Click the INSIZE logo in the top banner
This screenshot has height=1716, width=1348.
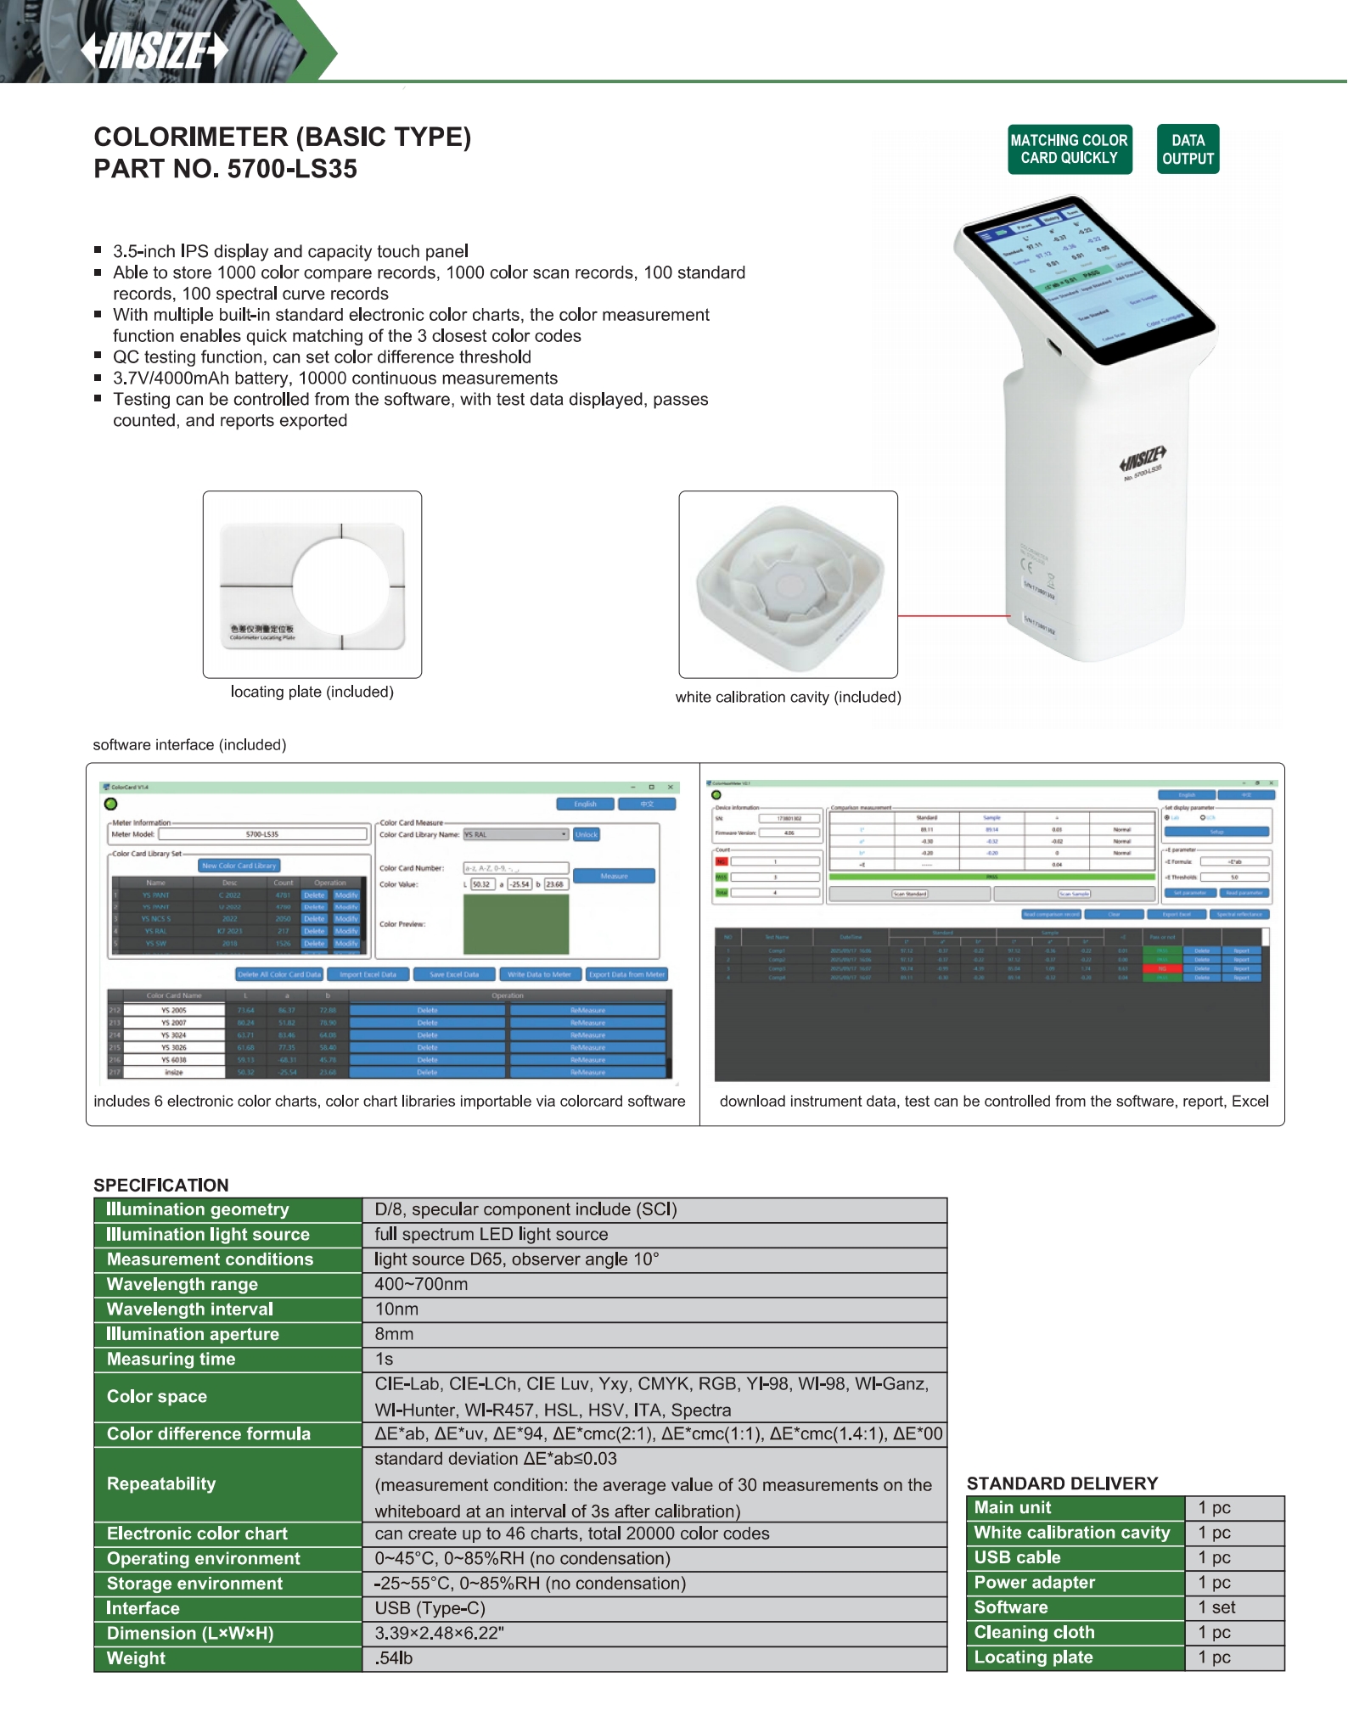pos(155,51)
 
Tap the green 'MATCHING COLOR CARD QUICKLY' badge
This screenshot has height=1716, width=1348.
pos(1069,149)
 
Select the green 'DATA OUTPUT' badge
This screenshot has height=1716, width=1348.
pos(1188,149)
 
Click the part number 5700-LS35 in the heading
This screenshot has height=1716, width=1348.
pos(292,169)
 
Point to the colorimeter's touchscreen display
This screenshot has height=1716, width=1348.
pos(1083,280)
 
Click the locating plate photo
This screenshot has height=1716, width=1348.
pos(312,584)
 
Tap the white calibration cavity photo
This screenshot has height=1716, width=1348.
pos(788,584)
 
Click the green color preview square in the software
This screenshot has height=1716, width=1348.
pos(516,924)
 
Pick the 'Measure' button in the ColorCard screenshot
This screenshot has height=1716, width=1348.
pos(614,876)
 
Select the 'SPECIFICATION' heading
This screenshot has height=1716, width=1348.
pos(161,1185)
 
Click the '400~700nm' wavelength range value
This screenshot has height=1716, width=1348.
pos(421,1284)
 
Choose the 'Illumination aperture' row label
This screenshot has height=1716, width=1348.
pos(193,1334)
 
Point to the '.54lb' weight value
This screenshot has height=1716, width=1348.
pos(394,1658)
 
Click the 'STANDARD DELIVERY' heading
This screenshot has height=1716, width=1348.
pos(1062,1483)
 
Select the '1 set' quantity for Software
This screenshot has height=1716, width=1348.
pos(1216,1607)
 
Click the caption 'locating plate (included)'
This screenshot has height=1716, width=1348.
pos(312,692)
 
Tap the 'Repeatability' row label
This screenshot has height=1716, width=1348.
pos(161,1483)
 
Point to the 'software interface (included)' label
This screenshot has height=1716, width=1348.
pos(189,744)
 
